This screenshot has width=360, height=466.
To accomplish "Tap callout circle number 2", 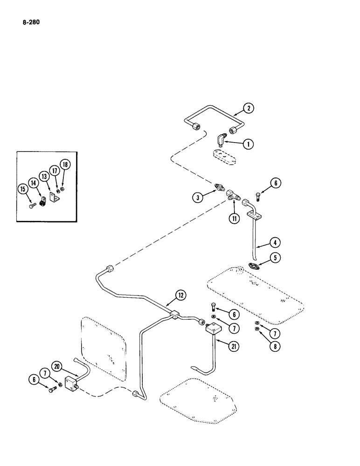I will (249, 109).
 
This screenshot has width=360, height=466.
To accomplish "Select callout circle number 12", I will (180, 295).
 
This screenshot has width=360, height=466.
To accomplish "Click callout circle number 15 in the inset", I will (22, 188).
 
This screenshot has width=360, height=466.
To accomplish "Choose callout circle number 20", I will (57, 367).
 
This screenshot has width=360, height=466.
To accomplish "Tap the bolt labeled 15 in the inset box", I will (31, 204).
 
